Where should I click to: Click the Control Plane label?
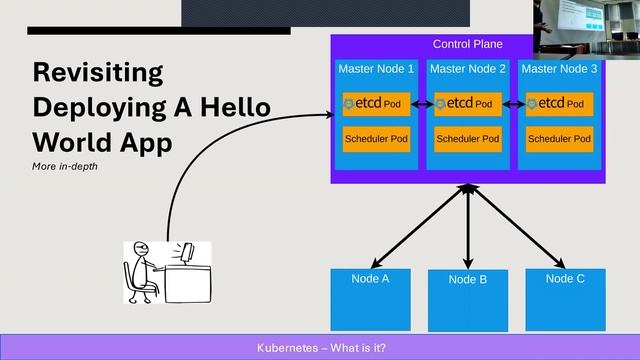coord(467,44)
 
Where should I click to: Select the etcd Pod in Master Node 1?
coord(376,104)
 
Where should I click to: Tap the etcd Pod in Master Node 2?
coord(468,104)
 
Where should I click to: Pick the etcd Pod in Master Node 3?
coord(559,104)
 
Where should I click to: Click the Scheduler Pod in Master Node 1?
coord(376,138)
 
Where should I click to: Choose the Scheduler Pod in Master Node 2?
coord(468,138)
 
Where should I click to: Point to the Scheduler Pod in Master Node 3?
coord(559,138)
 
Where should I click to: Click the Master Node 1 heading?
coord(376,69)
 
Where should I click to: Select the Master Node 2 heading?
coord(468,69)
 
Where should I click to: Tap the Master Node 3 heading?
coord(559,69)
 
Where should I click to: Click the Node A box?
coord(370,299)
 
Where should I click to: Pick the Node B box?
coord(467,300)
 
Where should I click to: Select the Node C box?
coord(565,299)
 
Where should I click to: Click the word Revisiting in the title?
coord(97,73)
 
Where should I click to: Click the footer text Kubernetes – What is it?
coord(321,347)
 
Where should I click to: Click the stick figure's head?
coord(141,251)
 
